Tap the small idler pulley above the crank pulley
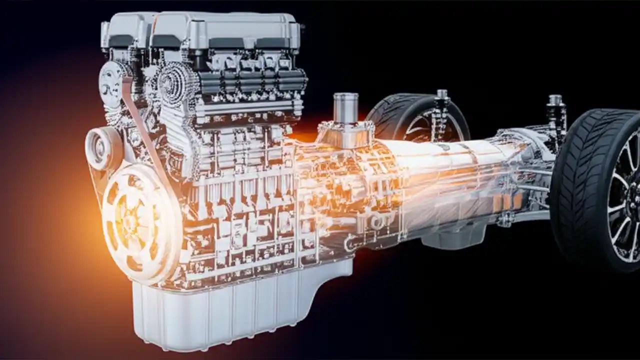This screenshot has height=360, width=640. coord(102,148)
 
